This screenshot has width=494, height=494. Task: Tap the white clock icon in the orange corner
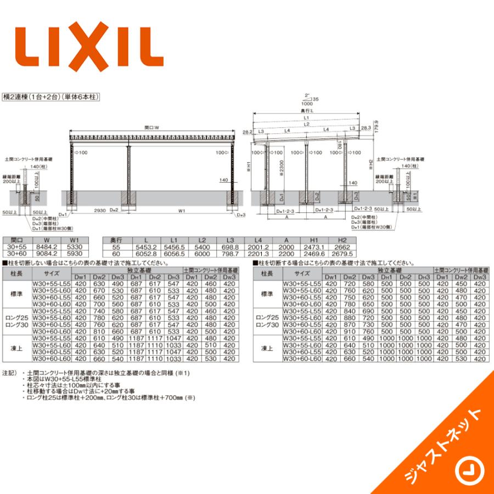click(x=468, y=469)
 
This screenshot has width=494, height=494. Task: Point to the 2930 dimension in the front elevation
click(x=99, y=210)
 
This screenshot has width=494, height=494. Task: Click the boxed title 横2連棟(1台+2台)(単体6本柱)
click(x=50, y=96)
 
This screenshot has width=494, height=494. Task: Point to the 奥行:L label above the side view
click(x=308, y=111)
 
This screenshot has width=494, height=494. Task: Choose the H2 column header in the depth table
click(x=343, y=240)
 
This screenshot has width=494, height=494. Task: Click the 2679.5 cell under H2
click(x=343, y=254)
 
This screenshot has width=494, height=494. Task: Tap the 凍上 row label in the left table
click(x=16, y=348)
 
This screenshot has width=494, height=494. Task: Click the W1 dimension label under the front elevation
click(x=182, y=210)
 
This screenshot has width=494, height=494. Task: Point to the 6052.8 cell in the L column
click(x=145, y=254)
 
